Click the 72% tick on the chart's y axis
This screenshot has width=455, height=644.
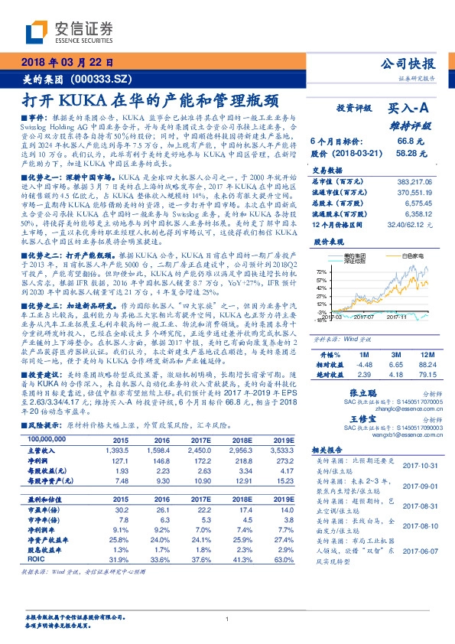point(320,271)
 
